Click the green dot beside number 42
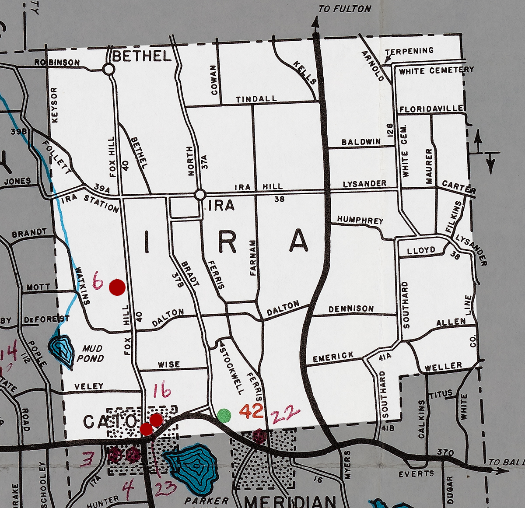click(x=224, y=415)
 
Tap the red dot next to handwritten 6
click(x=117, y=287)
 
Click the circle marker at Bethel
click(x=109, y=69)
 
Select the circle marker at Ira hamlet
click(x=200, y=194)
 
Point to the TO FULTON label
click(x=344, y=9)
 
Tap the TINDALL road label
click(x=256, y=99)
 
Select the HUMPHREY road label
click(x=360, y=220)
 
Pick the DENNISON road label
click(x=351, y=309)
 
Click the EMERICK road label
click(x=333, y=357)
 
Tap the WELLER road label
click(x=444, y=366)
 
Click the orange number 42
click(x=252, y=411)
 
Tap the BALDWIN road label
click(x=361, y=142)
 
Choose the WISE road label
click(x=169, y=364)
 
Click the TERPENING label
click(x=409, y=51)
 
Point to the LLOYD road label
click(x=421, y=251)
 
